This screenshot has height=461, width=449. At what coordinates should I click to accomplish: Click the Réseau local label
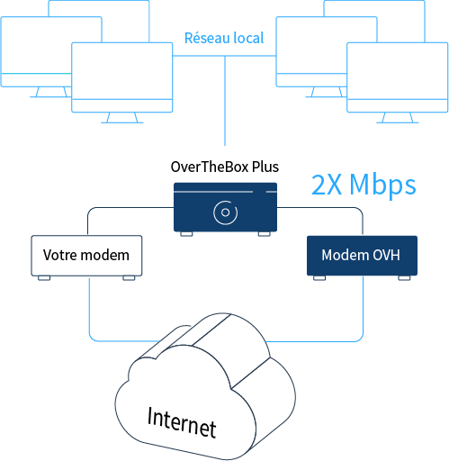click(x=224, y=38)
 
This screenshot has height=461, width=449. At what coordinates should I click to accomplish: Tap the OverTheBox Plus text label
click(x=225, y=167)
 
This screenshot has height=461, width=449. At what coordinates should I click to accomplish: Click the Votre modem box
click(x=86, y=256)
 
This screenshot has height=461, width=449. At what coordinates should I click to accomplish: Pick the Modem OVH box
click(x=362, y=256)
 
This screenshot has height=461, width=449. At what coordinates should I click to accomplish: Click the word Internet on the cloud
click(x=182, y=422)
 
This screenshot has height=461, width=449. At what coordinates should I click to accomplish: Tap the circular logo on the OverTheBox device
click(x=226, y=212)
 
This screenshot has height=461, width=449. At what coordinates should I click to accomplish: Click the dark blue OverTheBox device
click(x=225, y=207)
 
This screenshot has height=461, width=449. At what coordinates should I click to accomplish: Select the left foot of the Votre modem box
click(x=44, y=278)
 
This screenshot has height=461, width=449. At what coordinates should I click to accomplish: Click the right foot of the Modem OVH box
click(x=404, y=278)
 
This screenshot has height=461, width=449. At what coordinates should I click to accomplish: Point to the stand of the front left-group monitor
click(x=122, y=118)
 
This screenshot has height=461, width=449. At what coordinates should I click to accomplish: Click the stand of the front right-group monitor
click(x=398, y=118)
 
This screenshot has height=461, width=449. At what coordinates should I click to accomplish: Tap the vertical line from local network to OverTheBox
click(x=225, y=101)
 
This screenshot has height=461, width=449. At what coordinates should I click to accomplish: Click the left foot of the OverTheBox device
click(x=186, y=234)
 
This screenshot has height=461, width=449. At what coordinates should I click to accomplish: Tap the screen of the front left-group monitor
click(x=122, y=71)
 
